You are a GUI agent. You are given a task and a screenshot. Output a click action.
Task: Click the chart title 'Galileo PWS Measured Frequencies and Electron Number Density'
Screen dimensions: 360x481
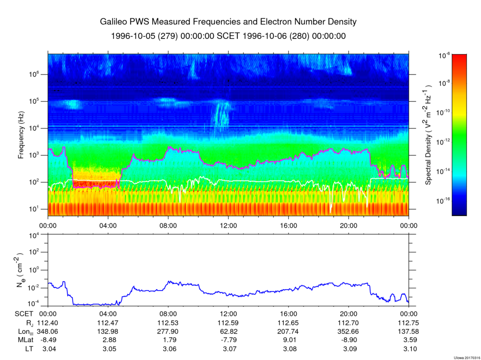228,22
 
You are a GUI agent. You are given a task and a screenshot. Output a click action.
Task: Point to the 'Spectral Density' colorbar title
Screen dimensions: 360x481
428,135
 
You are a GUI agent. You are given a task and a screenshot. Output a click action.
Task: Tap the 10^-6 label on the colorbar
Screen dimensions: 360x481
444,55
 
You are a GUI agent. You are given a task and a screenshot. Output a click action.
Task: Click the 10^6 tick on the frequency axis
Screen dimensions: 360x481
38,74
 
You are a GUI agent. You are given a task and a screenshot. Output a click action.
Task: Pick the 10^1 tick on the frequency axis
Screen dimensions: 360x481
38,209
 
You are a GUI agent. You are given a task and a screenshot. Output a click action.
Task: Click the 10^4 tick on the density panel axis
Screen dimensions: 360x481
38,235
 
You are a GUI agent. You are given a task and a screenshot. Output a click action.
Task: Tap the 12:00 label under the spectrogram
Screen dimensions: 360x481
228,225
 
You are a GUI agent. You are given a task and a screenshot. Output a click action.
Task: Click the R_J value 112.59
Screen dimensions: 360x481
228,323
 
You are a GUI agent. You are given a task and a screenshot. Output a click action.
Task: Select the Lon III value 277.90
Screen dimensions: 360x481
168,331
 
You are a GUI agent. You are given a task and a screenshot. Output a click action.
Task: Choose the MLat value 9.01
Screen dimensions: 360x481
288,340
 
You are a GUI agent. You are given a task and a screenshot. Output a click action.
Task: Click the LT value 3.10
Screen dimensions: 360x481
409,348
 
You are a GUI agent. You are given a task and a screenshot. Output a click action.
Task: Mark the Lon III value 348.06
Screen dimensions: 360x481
48,331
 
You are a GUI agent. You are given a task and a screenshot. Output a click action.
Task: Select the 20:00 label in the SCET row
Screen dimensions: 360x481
349,314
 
